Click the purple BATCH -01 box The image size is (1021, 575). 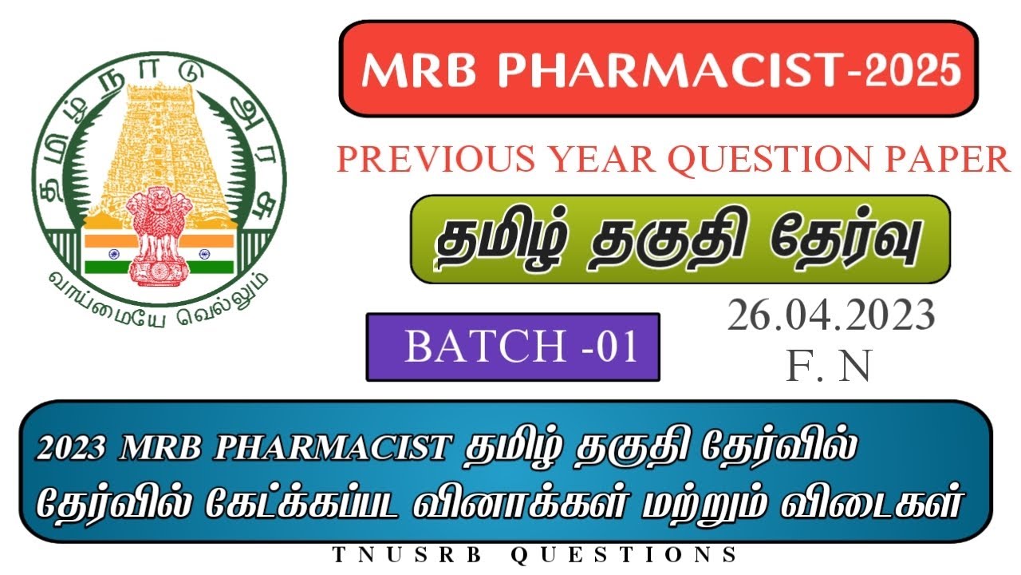(x=513, y=347)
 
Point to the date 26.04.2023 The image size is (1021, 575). (x=830, y=317)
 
